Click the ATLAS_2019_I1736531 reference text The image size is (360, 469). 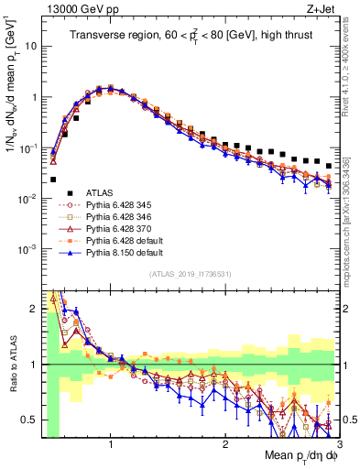pos(190,276)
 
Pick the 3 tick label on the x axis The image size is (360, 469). pos(339,442)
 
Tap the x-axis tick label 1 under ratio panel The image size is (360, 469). pos(111,442)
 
